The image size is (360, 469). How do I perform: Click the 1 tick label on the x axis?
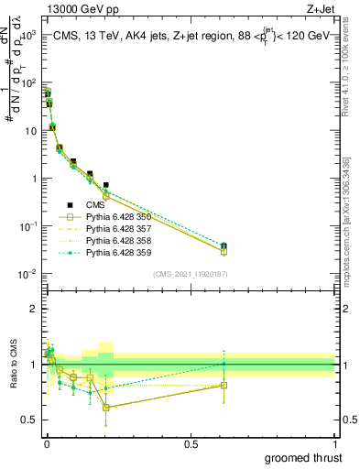point(334,442)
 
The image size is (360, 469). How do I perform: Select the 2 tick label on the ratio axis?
point(33,309)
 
